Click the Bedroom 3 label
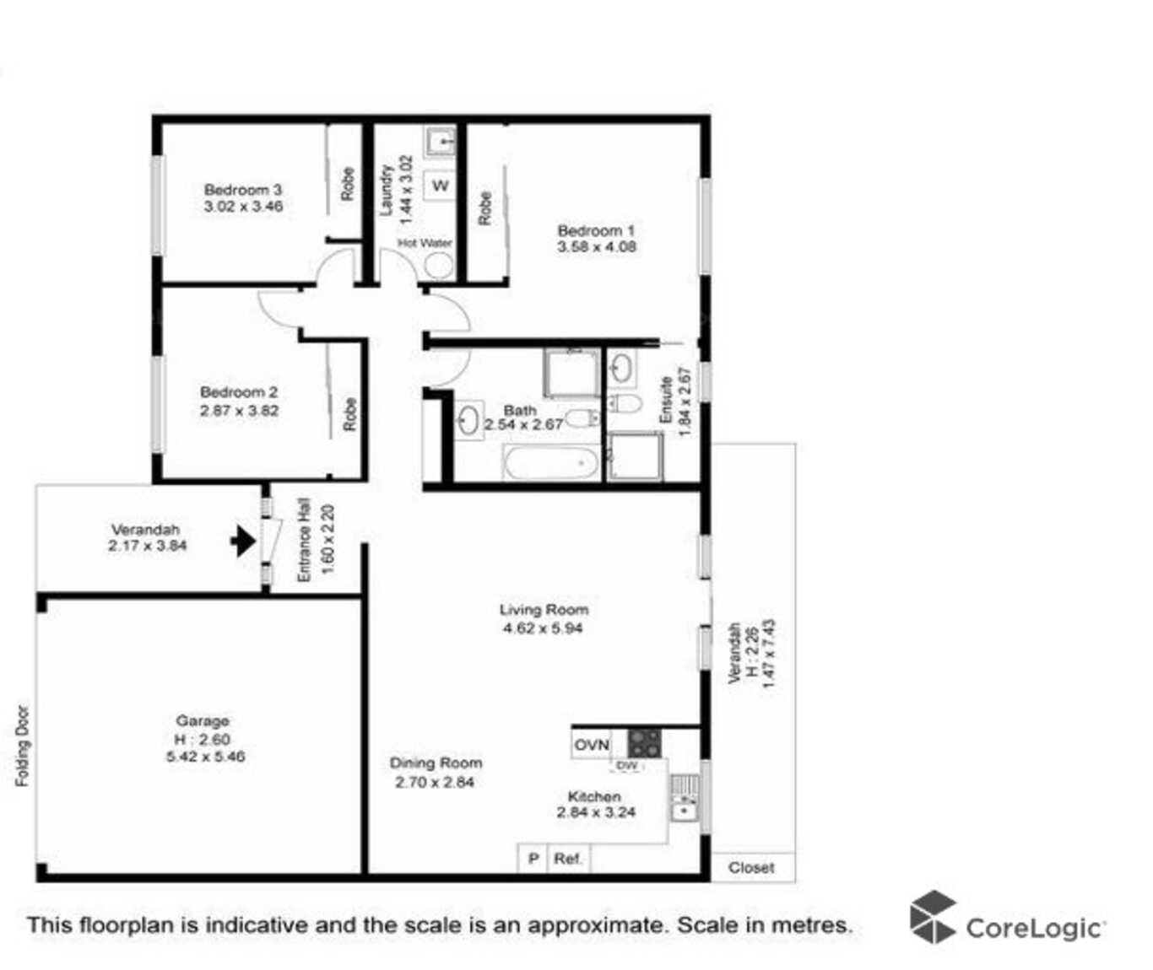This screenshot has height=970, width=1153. tap(243, 190)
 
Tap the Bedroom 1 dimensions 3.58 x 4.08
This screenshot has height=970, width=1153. tap(597, 247)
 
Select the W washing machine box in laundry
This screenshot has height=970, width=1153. tap(441, 186)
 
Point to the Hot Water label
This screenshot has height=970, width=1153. tap(425, 243)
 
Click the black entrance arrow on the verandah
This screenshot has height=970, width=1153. tap(243, 541)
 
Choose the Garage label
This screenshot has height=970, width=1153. tap(203, 720)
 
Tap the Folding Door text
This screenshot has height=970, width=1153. tap(23, 746)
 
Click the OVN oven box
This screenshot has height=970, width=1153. tap(592, 745)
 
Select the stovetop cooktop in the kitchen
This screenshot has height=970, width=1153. tap(644, 743)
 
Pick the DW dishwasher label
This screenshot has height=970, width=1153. tap(627, 766)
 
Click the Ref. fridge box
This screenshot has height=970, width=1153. tap(568, 859)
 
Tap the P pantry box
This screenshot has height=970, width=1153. tap(533, 859)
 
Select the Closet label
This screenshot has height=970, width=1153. tap(751, 867)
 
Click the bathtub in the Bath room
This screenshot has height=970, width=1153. tap(551, 462)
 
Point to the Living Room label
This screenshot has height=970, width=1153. tap(544, 609)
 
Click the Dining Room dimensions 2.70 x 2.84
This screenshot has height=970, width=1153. tap(435, 782)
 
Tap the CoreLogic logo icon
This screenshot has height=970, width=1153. tap(933, 917)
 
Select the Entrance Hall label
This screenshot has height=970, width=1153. tap(304, 540)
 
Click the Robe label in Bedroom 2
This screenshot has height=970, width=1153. tap(350, 414)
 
